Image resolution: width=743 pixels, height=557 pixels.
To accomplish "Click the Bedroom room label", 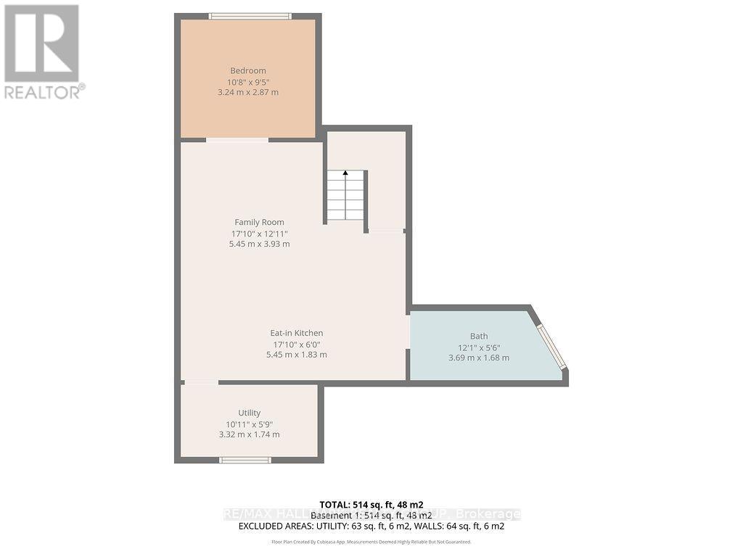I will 248,70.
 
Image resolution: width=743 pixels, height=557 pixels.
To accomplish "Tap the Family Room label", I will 259,222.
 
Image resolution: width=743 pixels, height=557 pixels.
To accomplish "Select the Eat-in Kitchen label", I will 297,333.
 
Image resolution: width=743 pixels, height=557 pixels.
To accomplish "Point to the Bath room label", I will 478,336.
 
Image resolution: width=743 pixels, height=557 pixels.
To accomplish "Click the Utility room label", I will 249,413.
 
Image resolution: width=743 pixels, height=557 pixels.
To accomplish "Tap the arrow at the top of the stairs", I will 345,173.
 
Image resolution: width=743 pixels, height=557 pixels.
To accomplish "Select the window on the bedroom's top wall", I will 250,16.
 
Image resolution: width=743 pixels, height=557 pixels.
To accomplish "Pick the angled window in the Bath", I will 551,347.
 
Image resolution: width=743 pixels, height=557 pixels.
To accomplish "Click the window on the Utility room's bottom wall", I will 245,459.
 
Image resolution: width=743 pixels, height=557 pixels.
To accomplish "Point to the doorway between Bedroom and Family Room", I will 237,139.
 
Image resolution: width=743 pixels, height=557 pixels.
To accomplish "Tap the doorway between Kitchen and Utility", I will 200,381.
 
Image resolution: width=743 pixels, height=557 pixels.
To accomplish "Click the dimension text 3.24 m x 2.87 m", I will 248,92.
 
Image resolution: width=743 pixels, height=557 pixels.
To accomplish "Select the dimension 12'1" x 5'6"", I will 479,347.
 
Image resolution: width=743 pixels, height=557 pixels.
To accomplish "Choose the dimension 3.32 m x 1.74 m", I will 249,434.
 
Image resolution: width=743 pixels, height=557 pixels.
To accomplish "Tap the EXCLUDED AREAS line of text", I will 371,526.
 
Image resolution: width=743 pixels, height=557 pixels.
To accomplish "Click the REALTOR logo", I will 43,51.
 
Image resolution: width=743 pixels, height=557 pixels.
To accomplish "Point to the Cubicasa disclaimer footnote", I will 371,542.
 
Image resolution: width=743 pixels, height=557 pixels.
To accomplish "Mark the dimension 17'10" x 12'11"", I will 259,233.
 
